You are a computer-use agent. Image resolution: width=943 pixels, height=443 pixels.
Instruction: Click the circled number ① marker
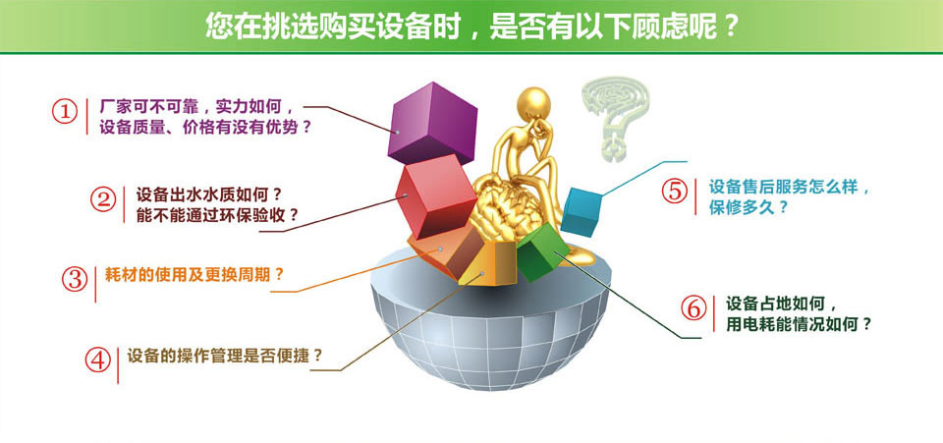pos(65,112)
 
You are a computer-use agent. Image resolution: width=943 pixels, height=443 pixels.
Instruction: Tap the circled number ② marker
pos(103,199)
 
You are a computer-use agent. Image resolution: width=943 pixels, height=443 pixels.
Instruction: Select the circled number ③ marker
pos(75,278)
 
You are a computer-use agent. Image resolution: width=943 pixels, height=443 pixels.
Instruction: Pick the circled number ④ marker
pos(97,360)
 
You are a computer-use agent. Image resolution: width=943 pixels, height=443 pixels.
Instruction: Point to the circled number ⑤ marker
pos(675,191)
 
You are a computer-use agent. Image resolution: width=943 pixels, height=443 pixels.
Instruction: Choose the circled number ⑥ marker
pos(694,307)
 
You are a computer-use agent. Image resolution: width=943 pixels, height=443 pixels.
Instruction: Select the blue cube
pos(581,212)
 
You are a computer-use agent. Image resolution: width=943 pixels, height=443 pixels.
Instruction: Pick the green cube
pos(542,253)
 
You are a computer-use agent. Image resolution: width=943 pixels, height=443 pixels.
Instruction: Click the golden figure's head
pos(533,103)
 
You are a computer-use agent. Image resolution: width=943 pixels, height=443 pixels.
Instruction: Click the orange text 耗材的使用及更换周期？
pos(194,275)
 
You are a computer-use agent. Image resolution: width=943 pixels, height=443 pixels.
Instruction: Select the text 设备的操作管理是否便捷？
pos(225,356)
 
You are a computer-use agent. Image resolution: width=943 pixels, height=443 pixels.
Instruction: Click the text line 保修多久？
pos(749,208)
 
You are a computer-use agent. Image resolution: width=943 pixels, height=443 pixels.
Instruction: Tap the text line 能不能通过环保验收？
pos(217,215)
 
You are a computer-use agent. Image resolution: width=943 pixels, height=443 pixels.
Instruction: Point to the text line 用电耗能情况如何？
pos(799,324)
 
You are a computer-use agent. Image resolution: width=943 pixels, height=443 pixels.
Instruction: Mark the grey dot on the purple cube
pos(398,132)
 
